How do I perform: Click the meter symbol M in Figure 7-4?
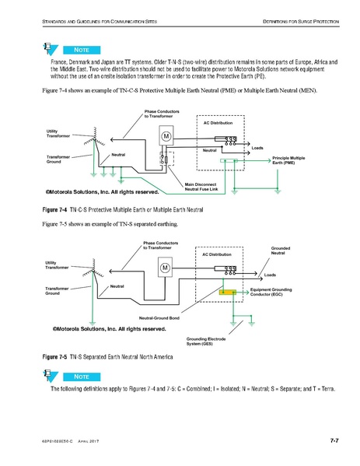pyautogui.click(x=166, y=136)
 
